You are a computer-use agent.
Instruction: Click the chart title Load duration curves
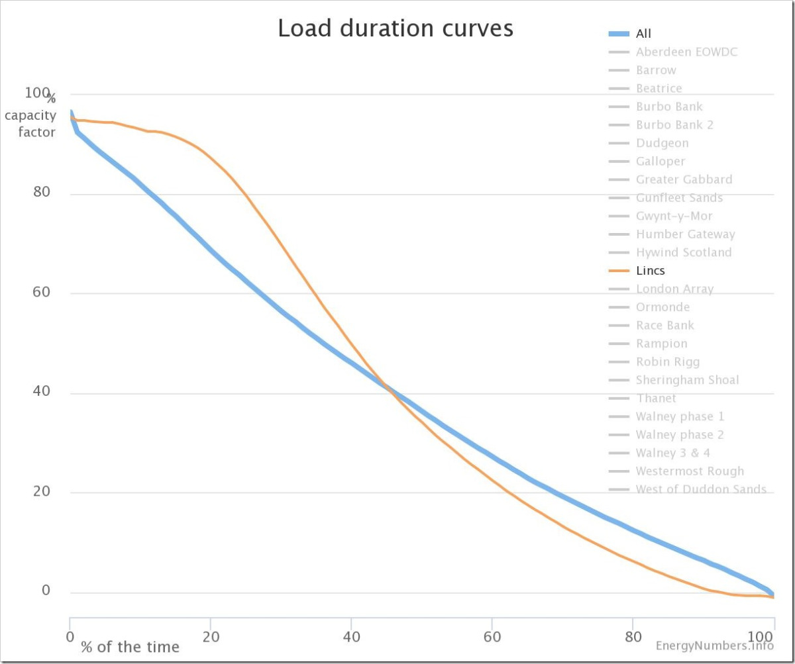tap(396, 28)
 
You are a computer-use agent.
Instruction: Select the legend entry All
tap(644, 34)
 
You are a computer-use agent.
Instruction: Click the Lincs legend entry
tap(650, 271)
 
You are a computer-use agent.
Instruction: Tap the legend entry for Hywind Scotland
tap(684, 252)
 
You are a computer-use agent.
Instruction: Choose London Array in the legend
tap(674, 289)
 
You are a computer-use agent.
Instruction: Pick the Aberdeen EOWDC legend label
tap(686, 52)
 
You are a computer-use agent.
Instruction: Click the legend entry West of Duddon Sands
tap(701, 489)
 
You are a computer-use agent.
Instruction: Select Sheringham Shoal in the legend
tap(687, 380)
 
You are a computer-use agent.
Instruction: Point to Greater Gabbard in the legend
tap(684, 179)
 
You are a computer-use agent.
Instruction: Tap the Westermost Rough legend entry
tap(690, 471)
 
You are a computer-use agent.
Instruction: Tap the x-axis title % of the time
tap(130, 647)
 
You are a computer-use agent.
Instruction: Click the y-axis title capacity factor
tap(31, 124)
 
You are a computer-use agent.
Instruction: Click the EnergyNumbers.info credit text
tap(714, 645)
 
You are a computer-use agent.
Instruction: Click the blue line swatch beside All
tap(618, 34)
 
